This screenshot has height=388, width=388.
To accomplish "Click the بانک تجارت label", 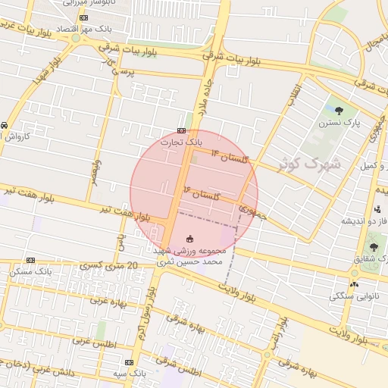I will click(x=182, y=141).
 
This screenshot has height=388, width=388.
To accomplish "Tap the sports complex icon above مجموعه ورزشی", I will click(x=189, y=238).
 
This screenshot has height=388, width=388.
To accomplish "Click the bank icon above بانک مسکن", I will click(x=30, y=259).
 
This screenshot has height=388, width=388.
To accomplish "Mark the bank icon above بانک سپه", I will click(x=128, y=362).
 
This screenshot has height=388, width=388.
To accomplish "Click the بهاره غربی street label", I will click(x=111, y=300).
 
